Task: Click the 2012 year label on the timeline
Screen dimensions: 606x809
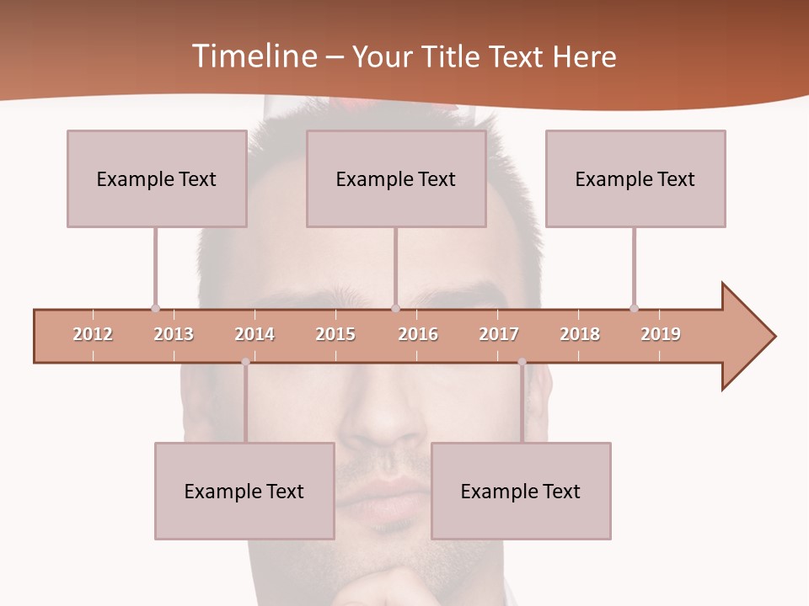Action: click(93, 334)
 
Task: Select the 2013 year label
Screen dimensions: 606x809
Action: click(174, 334)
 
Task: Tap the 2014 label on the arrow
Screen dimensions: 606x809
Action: click(254, 334)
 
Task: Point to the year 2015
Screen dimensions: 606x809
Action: click(335, 334)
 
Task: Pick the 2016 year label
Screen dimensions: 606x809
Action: click(418, 334)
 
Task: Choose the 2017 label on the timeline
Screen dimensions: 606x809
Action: click(499, 334)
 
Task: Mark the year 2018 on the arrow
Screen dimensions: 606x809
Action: click(580, 334)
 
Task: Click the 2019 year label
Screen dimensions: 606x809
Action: click(661, 334)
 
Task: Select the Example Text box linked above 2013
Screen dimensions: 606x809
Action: click(157, 178)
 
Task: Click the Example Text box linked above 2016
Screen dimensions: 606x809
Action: click(396, 178)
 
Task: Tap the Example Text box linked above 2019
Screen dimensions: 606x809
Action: click(635, 178)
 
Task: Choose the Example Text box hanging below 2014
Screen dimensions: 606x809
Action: click(244, 491)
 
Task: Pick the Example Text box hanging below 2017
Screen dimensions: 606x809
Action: click(521, 491)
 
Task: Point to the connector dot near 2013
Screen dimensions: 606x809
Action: click(155, 308)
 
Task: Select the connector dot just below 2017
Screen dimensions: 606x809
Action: click(522, 362)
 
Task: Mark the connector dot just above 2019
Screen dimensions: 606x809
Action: click(634, 308)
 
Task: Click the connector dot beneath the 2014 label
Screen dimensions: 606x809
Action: click(245, 362)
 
